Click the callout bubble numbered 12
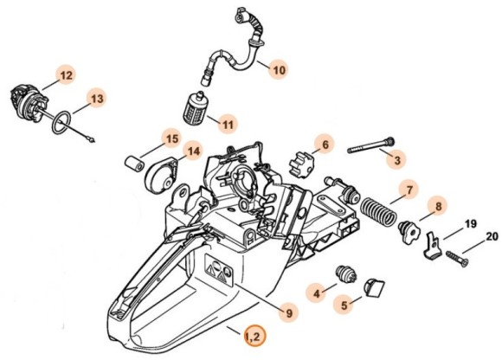(66, 76)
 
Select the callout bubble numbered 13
(97, 100)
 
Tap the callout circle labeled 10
(278, 68)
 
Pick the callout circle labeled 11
(227, 125)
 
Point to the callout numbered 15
(171, 138)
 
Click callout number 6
(325, 143)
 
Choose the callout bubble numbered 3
(397, 160)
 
